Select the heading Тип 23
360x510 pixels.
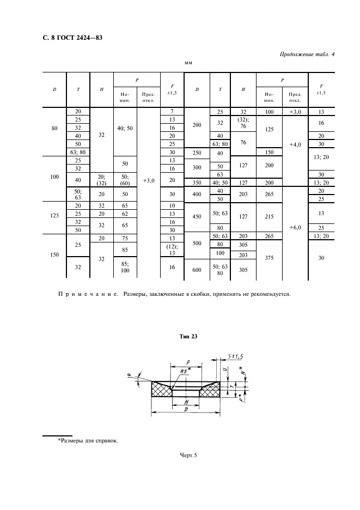click(x=187, y=337)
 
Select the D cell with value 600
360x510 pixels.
click(x=198, y=269)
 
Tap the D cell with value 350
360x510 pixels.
click(x=198, y=183)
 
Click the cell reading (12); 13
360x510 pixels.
click(x=172, y=250)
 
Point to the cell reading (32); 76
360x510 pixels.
click(x=244, y=123)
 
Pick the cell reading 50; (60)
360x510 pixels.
click(x=125, y=179)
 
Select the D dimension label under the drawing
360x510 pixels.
click(x=186, y=408)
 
